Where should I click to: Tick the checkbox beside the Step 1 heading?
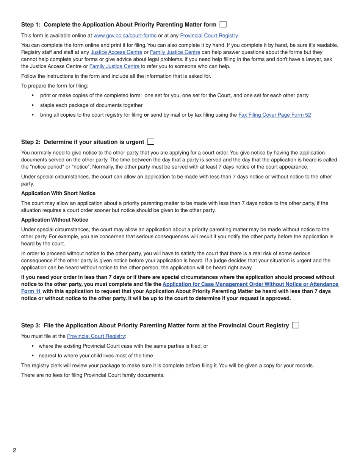pos(223,25)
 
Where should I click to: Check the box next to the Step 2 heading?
pos(151,142)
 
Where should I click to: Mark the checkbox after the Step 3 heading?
pos(296,325)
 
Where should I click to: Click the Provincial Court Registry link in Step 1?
pos(209,36)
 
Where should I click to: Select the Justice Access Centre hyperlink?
pos(116,52)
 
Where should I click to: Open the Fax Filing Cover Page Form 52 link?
pos(274,115)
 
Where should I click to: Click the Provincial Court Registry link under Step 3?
pos(96,336)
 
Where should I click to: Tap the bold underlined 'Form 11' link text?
pos(31,291)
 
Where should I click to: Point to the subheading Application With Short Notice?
pos(58,193)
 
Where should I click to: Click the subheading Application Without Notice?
pos(55,220)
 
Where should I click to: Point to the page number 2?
pos(14,450)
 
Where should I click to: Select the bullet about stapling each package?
pos(91,105)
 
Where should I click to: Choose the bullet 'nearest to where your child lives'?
pos(95,355)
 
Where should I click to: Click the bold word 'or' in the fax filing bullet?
pos(146,115)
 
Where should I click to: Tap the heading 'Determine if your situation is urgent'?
pos(94,142)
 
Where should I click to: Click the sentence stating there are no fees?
pos(92,375)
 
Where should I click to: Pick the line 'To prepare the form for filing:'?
pos(55,86)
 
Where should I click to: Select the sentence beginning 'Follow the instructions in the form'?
pos(116,76)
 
